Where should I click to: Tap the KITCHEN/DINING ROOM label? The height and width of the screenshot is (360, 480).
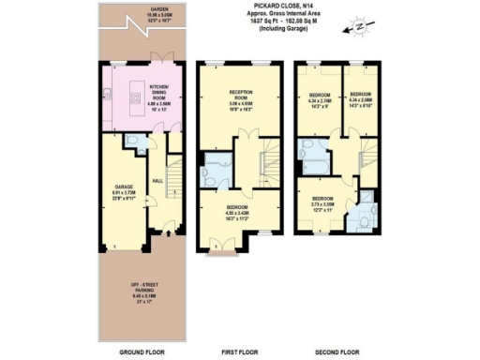click(146, 92)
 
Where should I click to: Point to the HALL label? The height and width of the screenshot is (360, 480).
click(157, 181)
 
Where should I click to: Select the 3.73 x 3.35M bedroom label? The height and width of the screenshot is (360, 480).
click(322, 203)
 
